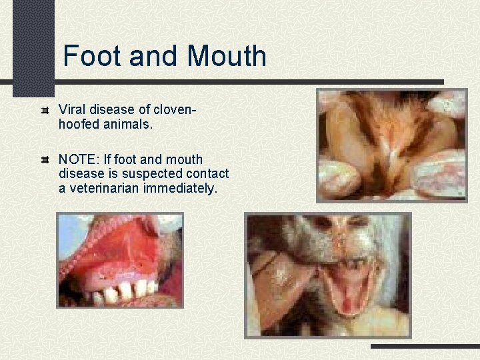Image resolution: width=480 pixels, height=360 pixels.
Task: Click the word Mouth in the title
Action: pyautogui.click(x=227, y=56)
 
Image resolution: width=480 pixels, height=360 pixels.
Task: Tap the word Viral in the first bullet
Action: pyautogui.click(x=72, y=109)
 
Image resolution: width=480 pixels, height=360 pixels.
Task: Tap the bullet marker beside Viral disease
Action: pyautogui.click(x=45, y=109)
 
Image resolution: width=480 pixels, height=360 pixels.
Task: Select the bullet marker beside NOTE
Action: pyautogui.click(x=45, y=161)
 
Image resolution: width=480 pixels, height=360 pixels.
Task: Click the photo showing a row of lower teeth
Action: pyautogui.click(x=119, y=260)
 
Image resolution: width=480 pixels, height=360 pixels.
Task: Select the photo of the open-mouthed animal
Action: pyautogui.click(x=328, y=274)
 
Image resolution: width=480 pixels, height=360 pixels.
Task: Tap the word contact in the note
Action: pyautogui.click(x=208, y=174)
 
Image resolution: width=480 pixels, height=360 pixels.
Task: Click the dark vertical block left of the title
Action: pyautogui.click(x=33, y=47)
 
